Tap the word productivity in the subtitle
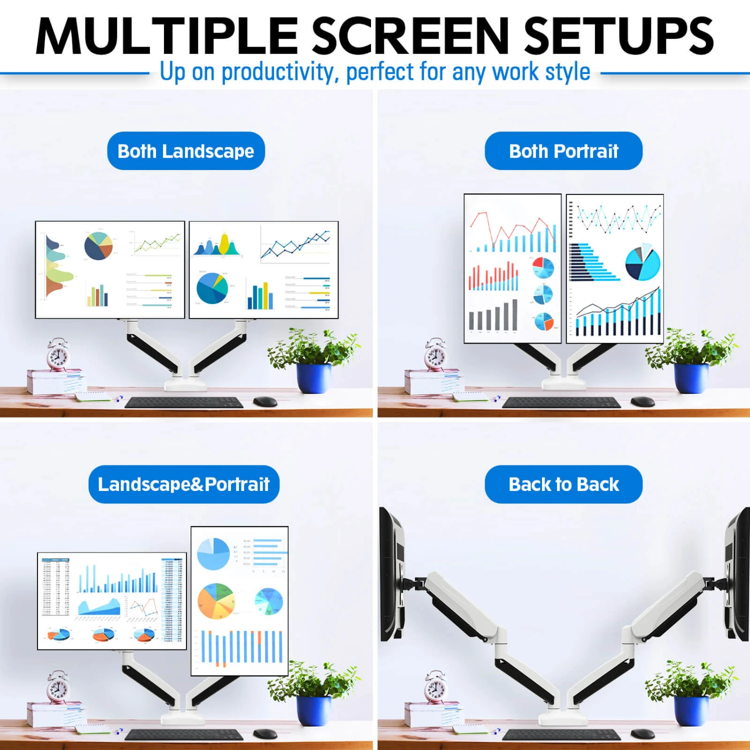click(x=277, y=72)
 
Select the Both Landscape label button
click(x=185, y=151)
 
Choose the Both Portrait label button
click(x=563, y=151)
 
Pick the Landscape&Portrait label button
click(x=183, y=484)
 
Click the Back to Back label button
click(x=563, y=484)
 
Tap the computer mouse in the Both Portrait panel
click(x=642, y=401)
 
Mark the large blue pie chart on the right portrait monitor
click(x=642, y=263)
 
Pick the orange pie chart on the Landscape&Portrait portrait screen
click(x=216, y=601)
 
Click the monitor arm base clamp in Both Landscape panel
click(x=185, y=384)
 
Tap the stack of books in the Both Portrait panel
click(x=432, y=382)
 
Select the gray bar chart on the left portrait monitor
click(x=493, y=316)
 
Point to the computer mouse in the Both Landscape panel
click(x=265, y=401)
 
